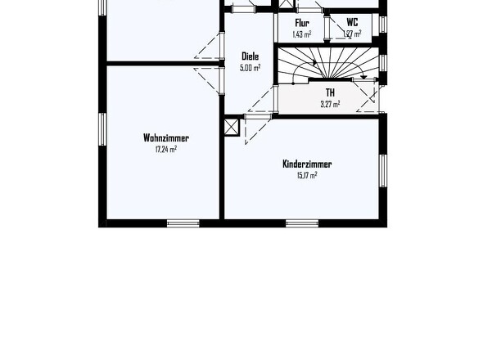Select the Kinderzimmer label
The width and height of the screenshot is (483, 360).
(300, 164)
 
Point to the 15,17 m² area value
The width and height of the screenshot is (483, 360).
(300, 175)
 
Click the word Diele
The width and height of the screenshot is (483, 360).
(250, 56)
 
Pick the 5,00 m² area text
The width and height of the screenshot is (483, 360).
(250, 68)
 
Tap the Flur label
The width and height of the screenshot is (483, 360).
(302, 23)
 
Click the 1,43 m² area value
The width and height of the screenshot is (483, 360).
(302, 34)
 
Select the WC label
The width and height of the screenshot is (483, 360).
(352, 23)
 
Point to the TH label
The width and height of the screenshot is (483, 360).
(330, 92)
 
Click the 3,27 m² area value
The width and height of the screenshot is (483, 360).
(330, 104)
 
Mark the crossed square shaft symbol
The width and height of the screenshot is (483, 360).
(232, 128)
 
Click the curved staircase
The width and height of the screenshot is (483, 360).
(327, 65)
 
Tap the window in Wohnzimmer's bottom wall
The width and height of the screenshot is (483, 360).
(183, 223)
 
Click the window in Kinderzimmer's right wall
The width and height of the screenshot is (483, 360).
(382, 169)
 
